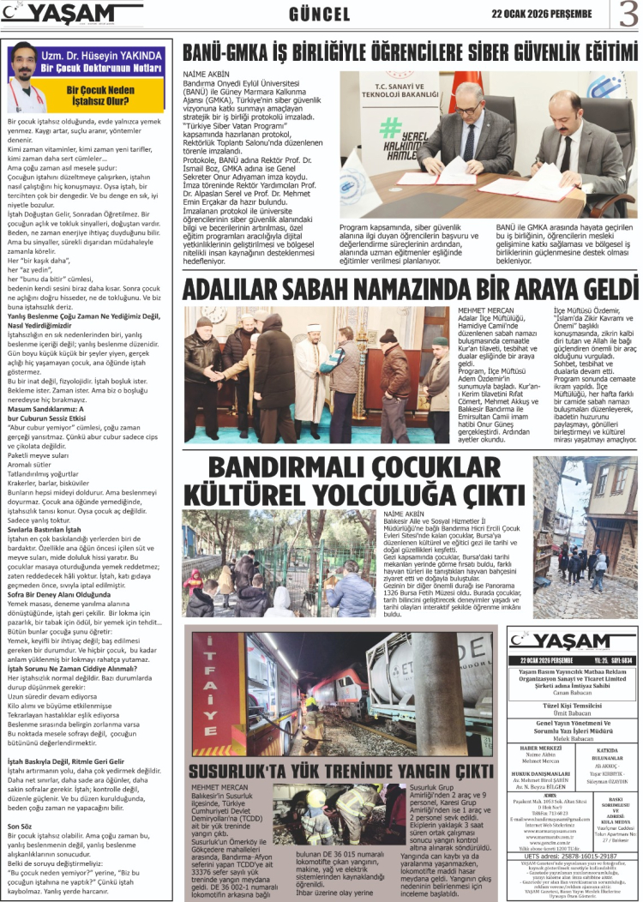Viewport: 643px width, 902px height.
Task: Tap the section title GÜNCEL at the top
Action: click(319, 15)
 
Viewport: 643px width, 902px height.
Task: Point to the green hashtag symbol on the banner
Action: click(392, 128)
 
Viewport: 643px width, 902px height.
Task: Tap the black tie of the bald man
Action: click(566, 146)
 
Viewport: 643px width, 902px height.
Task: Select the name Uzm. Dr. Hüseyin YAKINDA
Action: click(100, 54)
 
